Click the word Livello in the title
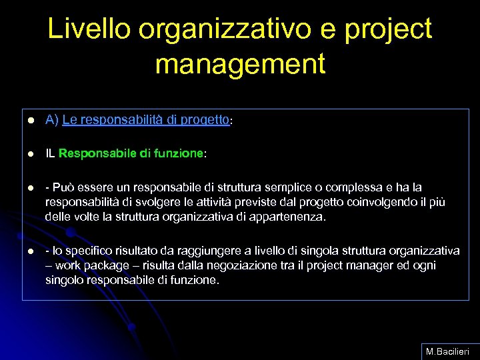point(89,29)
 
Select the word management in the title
point(240,64)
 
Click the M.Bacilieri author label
point(447,351)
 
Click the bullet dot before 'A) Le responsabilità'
point(31,121)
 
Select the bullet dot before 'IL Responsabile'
point(31,155)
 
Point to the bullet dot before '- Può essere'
point(31,188)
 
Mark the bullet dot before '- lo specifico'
point(31,251)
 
